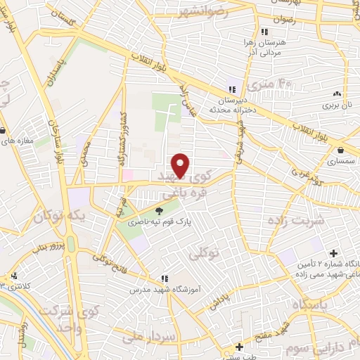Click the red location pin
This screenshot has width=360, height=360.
[181, 165]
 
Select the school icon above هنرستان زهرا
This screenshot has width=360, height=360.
[264, 32]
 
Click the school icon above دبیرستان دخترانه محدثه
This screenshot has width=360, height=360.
[232, 89]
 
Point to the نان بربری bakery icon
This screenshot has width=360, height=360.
[337, 94]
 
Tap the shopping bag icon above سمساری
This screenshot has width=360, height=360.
[340, 150]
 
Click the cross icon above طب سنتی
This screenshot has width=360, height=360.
[240, 347]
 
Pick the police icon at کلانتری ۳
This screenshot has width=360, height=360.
[13, 276]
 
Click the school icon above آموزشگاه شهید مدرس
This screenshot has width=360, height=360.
[164, 279]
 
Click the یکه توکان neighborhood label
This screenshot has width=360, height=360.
[83, 219]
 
